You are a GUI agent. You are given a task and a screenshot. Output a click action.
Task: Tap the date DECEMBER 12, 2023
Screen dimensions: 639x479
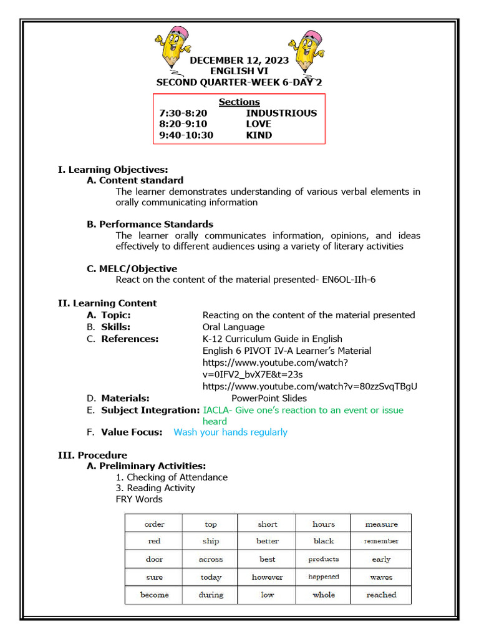tap(239, 61)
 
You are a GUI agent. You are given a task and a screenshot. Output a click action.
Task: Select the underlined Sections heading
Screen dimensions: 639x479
tap(239, 102)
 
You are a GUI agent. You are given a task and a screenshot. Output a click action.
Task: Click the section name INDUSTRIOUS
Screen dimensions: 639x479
tap(281, 113)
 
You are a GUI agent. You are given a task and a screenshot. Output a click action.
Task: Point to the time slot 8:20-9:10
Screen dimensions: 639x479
tap(184, 124)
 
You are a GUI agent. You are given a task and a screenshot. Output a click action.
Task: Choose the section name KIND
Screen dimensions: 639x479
tap(259, 135)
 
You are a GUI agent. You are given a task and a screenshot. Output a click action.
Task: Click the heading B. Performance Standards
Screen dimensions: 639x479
tap(150, 224)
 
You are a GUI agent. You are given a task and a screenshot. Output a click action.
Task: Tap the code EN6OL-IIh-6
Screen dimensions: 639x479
tap(347, 280)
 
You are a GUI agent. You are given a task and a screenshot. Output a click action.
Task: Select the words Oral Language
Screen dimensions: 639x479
tap(233, 327)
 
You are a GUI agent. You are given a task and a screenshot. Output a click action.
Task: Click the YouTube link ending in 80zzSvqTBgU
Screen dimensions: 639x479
tap(310, 386)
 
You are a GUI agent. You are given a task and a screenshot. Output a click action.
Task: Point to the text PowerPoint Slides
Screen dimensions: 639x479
tap(269, 398)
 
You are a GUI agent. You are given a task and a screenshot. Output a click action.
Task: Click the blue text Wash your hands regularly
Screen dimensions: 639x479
tap(230, 432)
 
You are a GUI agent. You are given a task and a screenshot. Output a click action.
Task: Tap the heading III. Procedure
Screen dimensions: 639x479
tap(92, 455)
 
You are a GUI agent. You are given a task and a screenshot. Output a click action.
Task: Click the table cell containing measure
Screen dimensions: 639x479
tap(381, 524)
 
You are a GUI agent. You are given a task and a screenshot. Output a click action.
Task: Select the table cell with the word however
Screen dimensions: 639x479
tap(267, 577)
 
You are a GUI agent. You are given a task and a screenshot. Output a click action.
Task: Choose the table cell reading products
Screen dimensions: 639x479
tap(324, 559)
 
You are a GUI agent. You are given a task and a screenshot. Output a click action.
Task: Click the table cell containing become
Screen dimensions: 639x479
tap(154, 595)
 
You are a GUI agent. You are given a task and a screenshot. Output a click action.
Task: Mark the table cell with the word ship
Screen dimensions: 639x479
tap(211, 541)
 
